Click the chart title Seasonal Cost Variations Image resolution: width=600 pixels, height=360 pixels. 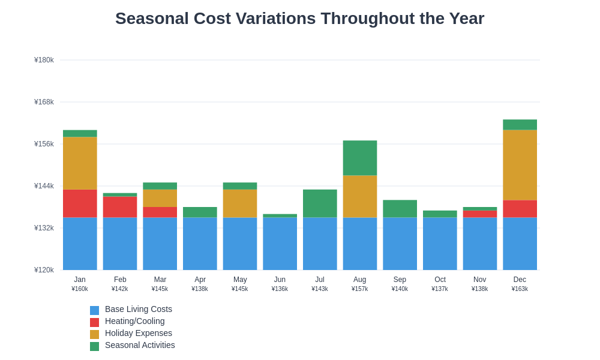click(x=299, y=19)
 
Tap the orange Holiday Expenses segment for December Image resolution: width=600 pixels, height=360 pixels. click(x=520, y=165)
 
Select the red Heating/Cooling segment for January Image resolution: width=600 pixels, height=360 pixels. click(x=80, y=203)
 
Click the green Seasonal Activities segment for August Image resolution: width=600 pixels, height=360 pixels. click(x=359, y=158)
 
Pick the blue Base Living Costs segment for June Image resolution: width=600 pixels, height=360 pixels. click(x=280, y=244)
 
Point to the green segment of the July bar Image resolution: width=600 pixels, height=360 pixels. click(x=320, y=203)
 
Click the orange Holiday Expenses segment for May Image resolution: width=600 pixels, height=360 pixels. click(x=240, y=203)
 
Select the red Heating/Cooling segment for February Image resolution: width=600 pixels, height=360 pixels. click(x=120, y=207)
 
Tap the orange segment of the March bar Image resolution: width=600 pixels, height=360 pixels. click(x=160, y=198)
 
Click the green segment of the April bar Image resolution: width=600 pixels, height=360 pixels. click(x=200, y=212)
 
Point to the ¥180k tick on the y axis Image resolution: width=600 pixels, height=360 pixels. click(x=44, y=60)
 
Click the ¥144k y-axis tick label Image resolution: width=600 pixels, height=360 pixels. click(x=44, y=186)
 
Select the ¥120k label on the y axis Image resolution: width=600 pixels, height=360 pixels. click(x=44, y=270)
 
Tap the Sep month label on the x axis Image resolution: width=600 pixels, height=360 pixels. click(x=400, y=280)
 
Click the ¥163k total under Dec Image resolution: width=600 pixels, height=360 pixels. click(x=520, y=289)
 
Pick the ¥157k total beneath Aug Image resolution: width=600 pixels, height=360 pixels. click(x=359, y=289)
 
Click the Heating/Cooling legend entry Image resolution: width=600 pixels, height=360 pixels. click(x=134, y=321)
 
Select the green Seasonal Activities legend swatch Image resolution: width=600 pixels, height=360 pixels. click(x=94, y=346)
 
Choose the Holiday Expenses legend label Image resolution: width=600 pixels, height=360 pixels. click(x=138, y=333)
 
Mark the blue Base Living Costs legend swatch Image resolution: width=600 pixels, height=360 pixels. click(x=94, y=310)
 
